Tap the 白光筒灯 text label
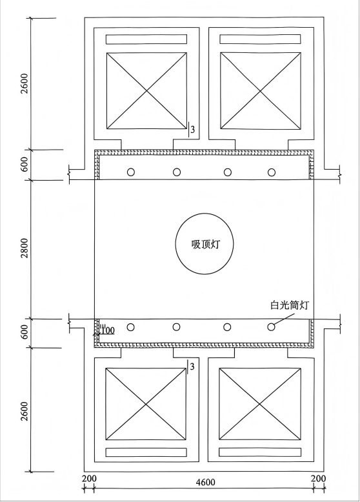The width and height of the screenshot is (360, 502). click(289, 305)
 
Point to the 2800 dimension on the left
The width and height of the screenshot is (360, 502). click(25, 248)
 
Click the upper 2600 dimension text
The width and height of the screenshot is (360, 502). click(25, 84)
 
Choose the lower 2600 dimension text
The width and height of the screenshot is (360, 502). click(25, 410)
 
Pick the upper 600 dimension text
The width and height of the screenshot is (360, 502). click(25, 165)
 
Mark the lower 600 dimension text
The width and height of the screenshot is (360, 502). click(25, 333)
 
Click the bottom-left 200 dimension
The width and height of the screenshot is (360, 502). click(89, 479)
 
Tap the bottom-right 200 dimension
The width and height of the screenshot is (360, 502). click(319, 479)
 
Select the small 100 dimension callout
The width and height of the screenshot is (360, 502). click(108, 330)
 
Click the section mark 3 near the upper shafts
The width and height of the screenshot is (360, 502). click(193, 130)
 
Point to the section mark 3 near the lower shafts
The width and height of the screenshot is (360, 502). click(192, 366)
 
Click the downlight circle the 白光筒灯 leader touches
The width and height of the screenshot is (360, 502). click(272, 327)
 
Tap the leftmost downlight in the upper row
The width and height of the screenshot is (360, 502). click(130, 172)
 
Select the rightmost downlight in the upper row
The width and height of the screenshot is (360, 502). click(272, 172)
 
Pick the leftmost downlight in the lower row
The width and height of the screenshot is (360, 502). click(130, 327)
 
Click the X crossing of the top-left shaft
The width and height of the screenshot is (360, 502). click(146, 91)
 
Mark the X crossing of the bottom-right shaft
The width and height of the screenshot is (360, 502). click(259, 404)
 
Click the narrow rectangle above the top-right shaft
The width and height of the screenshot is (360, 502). click(260, 39)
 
